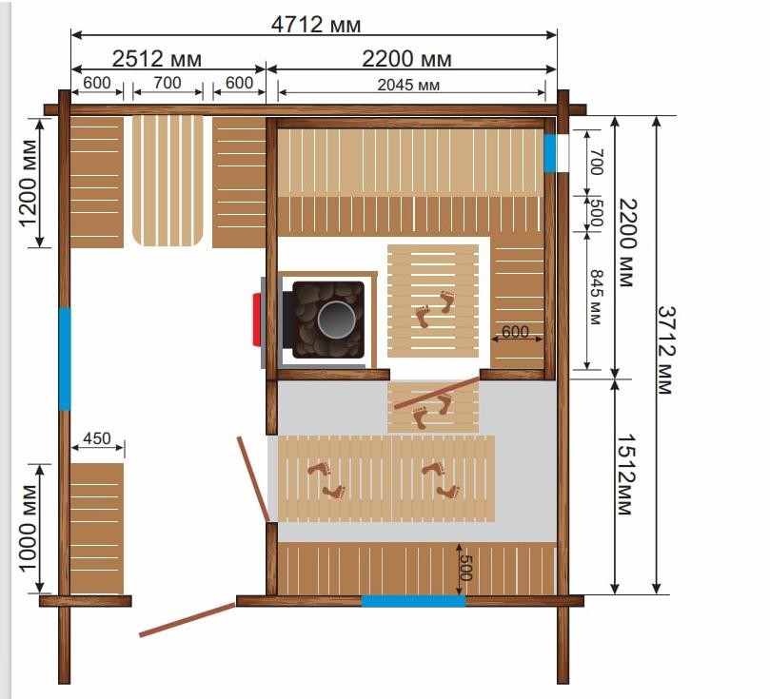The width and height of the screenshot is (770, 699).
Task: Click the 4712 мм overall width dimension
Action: [316, 24]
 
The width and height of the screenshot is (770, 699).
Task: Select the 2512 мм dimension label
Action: [157, 59]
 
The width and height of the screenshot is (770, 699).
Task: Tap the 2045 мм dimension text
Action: [408, 85]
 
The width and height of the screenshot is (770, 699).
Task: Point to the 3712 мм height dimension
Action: [666, 350]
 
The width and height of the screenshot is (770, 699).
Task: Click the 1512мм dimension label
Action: [625, 475]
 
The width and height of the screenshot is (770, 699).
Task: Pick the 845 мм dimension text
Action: [595, 297]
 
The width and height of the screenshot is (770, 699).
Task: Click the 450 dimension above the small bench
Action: [97, 438]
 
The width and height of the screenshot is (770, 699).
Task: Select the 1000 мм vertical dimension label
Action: [28, 529]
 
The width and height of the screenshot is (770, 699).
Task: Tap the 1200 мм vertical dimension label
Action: [28, 184]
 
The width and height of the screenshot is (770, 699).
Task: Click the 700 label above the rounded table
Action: [168, 83]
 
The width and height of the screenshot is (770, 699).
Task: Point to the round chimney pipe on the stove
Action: [336, 320]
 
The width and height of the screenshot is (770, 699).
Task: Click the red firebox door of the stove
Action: [257, 320]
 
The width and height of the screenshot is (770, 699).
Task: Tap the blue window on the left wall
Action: [65, 359]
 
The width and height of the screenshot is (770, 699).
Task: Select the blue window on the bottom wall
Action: [413, 601]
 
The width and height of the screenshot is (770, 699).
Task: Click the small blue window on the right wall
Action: [550, 153]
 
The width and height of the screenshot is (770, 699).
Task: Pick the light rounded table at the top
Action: [168, 181]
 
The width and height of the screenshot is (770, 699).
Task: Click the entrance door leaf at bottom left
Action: [188, 619]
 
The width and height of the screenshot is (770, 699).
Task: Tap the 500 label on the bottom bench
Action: [465, 568]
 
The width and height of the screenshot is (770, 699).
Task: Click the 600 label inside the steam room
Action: [515, 332]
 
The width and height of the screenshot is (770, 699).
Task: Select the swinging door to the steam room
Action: [437, 393]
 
